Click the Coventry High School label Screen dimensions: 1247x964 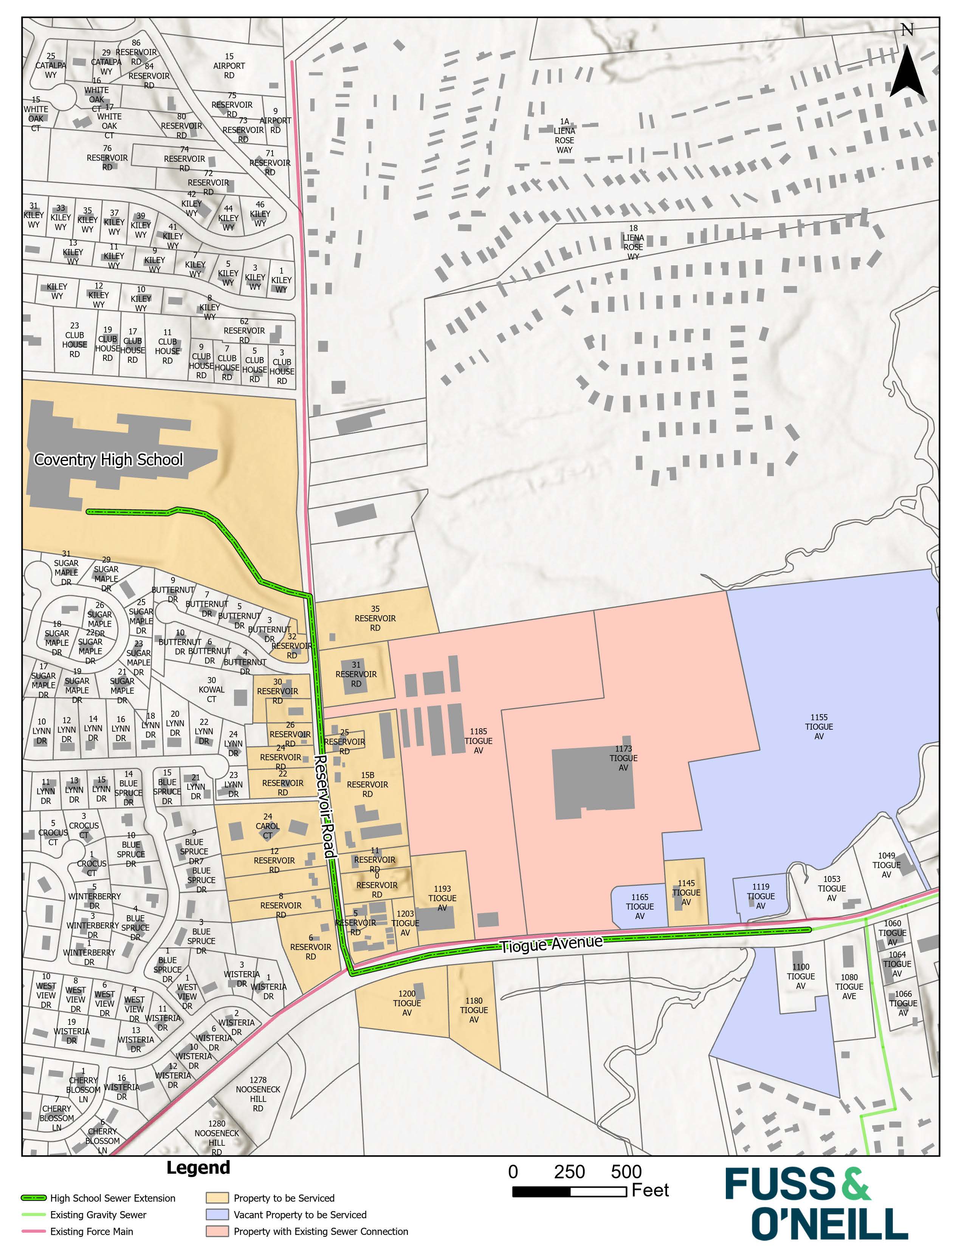[108, 460]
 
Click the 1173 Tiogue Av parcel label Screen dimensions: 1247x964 [623, 758]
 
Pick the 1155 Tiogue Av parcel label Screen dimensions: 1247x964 [819, 727]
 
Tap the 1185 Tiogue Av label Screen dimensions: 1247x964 [478, 741]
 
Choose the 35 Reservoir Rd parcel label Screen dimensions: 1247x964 [375, 618]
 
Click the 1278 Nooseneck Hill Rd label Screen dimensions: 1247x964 [258, 1094]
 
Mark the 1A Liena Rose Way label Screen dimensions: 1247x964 [564, 136]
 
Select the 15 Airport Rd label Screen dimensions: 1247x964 [229, 66]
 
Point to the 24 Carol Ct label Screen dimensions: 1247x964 [267, 826]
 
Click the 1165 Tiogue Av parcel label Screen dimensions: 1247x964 [640, 906]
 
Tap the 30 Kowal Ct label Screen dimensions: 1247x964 [211, 689]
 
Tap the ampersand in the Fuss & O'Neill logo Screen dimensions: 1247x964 [856, 1184]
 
